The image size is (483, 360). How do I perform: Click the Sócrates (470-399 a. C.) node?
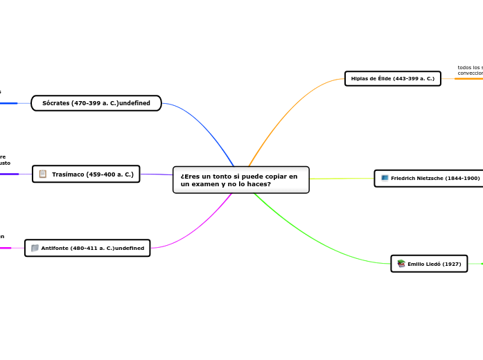96,103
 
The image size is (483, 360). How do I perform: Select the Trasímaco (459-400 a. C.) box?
86,174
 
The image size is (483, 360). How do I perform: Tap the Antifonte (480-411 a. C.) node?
87,248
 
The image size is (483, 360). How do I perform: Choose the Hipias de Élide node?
392,78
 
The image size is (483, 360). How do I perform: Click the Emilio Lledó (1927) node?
429,264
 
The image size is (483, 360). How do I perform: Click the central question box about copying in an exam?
240,180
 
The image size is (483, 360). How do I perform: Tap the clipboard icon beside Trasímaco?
43,174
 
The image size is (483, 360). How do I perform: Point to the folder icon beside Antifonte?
35,248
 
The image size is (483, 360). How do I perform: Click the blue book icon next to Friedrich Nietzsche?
385,179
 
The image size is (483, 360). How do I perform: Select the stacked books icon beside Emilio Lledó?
401,264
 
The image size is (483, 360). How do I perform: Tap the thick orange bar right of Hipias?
468,78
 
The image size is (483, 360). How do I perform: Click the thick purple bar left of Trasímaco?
9,174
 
